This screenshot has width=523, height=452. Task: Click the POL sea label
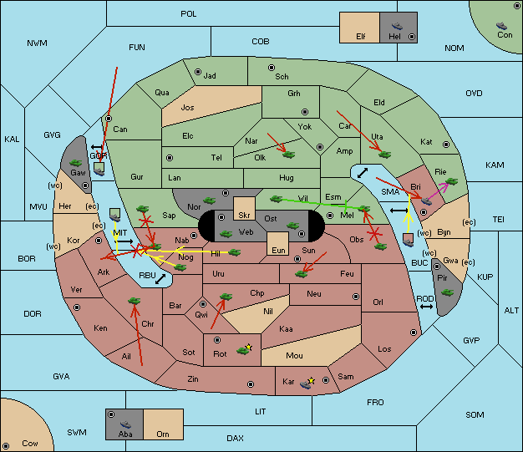[189, 14]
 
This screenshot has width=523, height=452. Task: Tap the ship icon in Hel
[397, 26]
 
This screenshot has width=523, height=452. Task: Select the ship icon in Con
[501, 26]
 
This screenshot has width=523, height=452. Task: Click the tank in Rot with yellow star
[244, 349]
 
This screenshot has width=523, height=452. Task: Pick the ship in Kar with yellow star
[307, 383]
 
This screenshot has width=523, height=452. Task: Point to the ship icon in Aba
[125, 424]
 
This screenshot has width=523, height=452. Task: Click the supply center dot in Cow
[6, 445]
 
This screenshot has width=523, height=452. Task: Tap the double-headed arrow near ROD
[426, 307]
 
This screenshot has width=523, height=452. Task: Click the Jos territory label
[187, 108]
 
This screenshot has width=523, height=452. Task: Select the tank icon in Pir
[447, 292]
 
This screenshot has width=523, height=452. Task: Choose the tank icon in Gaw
[76, 163]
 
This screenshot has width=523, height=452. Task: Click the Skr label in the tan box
[244, 216]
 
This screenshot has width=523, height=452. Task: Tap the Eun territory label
[278, 250]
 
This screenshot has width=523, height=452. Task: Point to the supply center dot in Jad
[198, 72]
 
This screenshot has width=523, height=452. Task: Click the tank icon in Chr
[134, 301]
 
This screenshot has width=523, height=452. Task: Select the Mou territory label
[294, 356]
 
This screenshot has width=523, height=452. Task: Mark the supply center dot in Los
[414, 333]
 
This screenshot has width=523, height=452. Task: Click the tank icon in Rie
[452, 181]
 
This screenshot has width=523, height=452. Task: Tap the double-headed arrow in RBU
[160, 279]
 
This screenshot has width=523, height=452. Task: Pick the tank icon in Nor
[210, 201]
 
